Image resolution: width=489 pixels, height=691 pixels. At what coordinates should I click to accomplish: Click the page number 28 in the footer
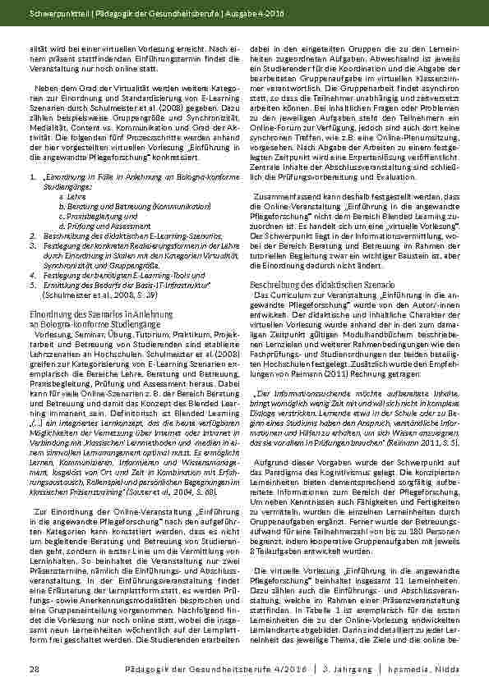point(34,670)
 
